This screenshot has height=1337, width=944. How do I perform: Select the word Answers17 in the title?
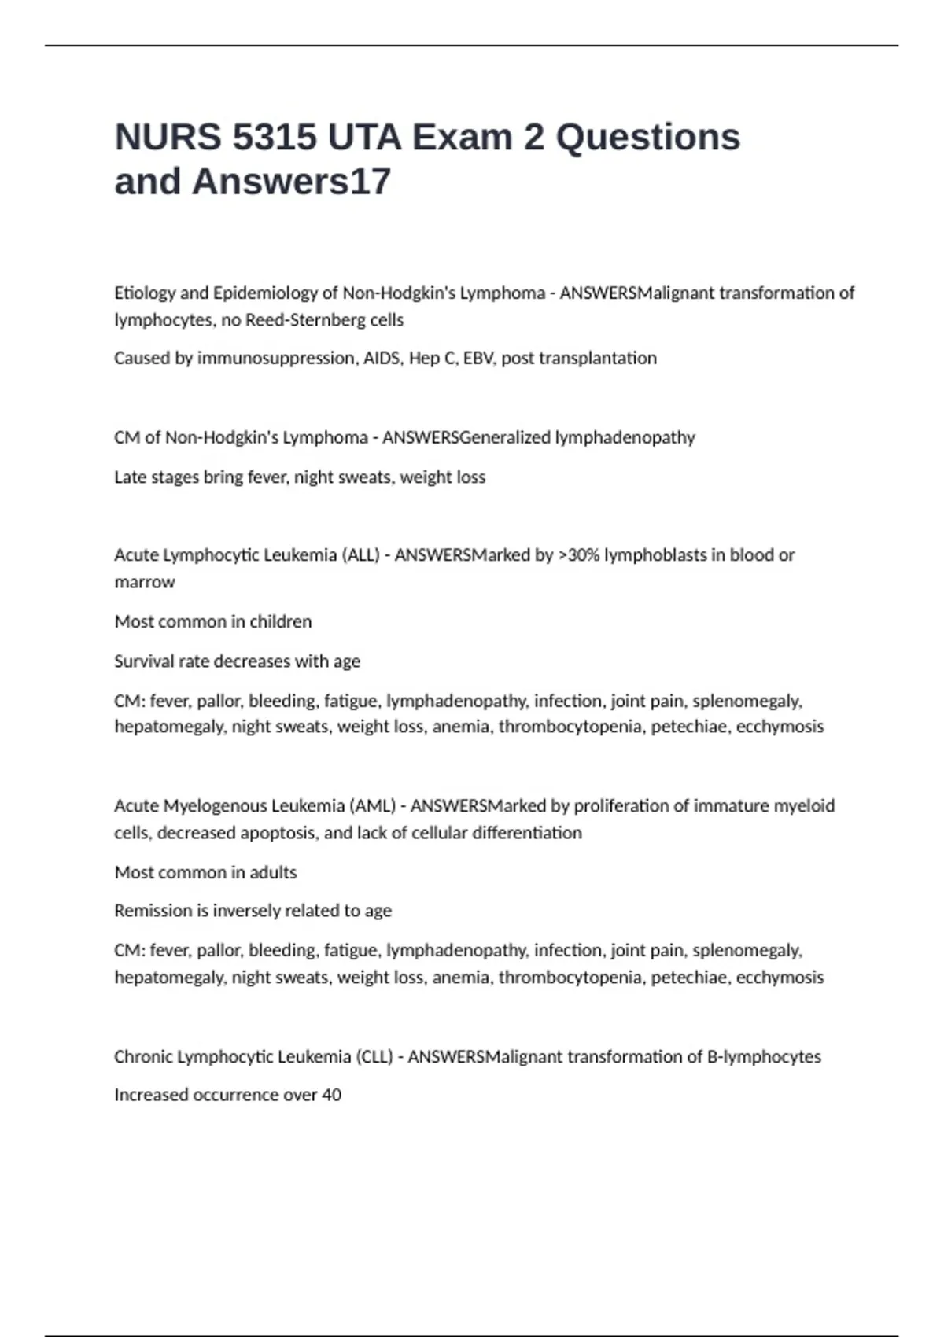click(x=291, y=182)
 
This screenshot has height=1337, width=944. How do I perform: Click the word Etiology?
click(x=145, y=293)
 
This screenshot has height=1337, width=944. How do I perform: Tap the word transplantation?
click(x=597, y=359)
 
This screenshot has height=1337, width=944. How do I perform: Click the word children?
click(x=280, y=622)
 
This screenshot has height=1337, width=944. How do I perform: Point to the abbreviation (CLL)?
click(x=374, y=1057)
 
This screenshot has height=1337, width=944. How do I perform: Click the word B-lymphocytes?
click(x=764, y=1057)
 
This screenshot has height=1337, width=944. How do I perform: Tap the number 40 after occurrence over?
click(x=331, y=1095)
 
